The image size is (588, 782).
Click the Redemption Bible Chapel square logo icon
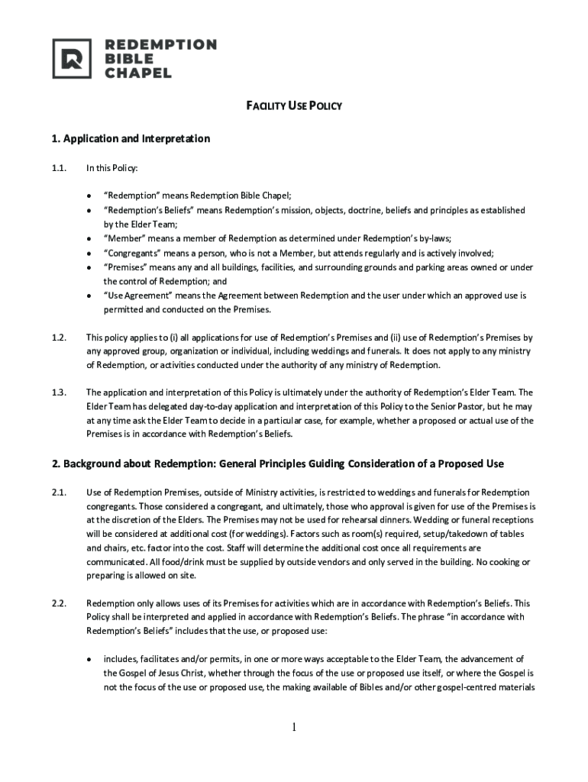click(x=71, y=59)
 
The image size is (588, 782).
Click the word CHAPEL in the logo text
click(x=138, y=73)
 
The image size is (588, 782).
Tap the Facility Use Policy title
click(x=293, y=106)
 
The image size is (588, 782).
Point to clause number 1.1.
click(x=60, y=167)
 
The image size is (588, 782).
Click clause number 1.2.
click(x=60, y=337)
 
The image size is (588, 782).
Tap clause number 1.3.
click(x=60, y=393)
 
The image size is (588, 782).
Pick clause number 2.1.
click(x=60, y=492)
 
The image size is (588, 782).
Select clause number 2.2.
click(x=60, y=603)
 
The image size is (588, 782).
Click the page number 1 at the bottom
click(x=293, y=727)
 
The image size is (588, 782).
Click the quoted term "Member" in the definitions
click(x=124, y=238)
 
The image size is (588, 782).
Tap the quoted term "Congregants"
click(x=136, y=253)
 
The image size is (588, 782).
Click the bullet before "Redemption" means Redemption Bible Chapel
click(x=89, y=195)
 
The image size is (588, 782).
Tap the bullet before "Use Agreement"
click(x=89, y=296)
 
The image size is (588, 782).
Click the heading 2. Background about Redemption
click(x=278, y=464)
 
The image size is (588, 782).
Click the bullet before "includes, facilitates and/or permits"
click(x=89, y=659)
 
